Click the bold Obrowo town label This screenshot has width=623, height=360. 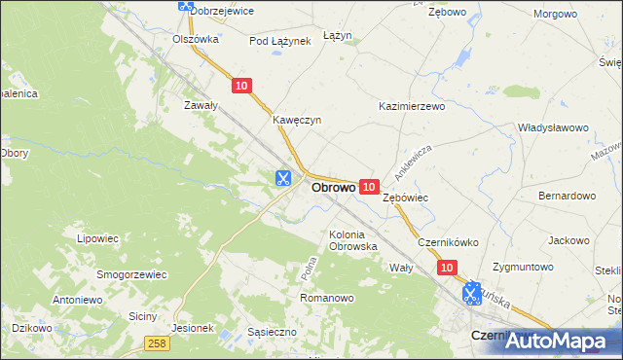click(332, 187)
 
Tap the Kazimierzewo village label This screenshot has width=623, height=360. click(411, 105)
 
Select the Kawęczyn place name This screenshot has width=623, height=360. click(297, 120)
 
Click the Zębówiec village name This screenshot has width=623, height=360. click(406, 198)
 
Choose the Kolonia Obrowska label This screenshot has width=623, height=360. click(353, 239)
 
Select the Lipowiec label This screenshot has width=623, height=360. click(97, 236)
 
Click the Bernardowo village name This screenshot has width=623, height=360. click(567, 196)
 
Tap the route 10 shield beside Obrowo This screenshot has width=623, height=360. click(368, 186)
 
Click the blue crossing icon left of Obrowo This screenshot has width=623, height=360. click(282, 178)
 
